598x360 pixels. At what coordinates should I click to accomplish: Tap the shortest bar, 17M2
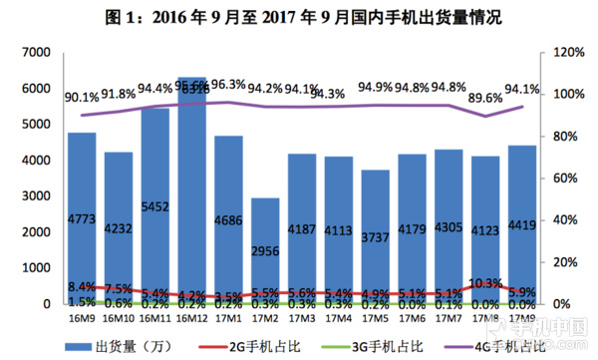tap(265, 250)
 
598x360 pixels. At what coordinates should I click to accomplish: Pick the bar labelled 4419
tap(521, 224)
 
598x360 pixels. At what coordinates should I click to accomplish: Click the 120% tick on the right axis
tap(566, 52)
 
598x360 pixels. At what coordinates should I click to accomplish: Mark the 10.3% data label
tap(485, 283)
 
